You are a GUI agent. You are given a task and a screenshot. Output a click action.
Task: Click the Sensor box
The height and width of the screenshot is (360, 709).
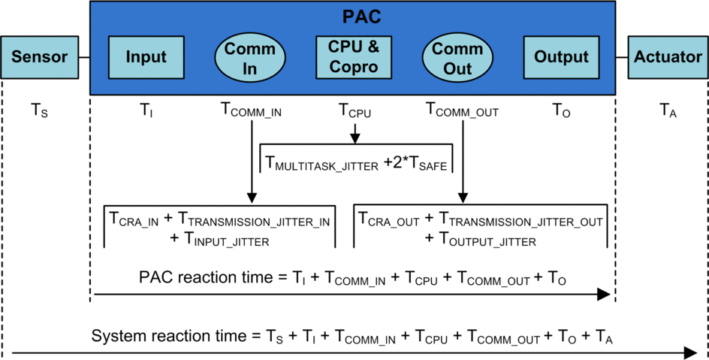pos(39,57)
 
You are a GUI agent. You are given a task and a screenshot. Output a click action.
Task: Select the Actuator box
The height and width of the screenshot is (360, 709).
pos(668,57)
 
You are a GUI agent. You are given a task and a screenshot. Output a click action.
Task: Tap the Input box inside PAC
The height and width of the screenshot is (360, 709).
pos(146,57)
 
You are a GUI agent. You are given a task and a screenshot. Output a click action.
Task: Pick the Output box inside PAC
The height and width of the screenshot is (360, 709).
pos(561,57)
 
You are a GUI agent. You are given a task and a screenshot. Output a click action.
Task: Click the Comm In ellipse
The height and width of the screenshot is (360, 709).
pos(251,58)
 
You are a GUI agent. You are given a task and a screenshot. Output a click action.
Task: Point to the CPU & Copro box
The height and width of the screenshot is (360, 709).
pos(354,57)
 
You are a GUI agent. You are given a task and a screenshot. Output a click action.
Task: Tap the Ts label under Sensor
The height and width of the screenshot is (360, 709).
pos(38,110)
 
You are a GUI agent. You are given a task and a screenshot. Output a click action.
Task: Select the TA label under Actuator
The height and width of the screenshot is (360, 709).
pos(668,110)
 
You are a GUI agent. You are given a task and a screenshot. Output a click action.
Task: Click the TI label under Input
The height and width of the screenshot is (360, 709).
pos(145,110)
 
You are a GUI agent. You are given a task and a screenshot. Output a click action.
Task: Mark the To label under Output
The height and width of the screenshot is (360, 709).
pos(561,110)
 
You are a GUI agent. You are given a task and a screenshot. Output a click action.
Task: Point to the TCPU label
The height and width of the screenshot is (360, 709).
pos(354,110)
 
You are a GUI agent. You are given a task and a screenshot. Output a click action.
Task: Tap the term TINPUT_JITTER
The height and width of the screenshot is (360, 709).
pos(227,240)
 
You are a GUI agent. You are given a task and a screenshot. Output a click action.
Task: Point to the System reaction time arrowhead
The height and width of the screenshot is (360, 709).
pos(690,352)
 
